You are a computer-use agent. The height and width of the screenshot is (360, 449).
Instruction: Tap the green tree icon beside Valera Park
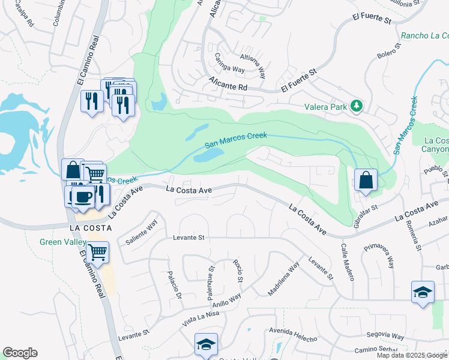point(357,106)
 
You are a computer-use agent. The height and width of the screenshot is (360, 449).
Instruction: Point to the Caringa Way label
point(230,64)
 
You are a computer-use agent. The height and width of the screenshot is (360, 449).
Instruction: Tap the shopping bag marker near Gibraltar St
point(366,179)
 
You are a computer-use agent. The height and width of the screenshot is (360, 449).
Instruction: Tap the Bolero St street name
point(388,58)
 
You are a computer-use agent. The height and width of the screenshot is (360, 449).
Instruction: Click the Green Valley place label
point(59,242)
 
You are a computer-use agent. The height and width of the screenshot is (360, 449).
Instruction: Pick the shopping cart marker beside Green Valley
point(97,252)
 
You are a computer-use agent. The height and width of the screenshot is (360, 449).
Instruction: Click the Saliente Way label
point(142,232)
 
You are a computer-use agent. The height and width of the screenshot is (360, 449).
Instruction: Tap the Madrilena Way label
point(283,280)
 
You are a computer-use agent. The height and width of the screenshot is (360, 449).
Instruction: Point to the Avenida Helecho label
point(293,335)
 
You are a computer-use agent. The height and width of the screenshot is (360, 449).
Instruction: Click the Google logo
point(20,353)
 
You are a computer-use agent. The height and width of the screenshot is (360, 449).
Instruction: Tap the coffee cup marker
point(82,197)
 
